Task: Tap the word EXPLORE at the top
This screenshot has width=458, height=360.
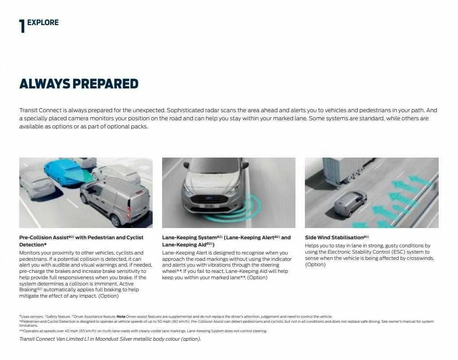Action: [43, 22]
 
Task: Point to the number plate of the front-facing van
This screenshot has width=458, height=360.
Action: [210, 206]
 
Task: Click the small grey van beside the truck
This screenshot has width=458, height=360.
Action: [350, 203]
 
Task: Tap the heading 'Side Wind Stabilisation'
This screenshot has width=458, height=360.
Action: [334, 237]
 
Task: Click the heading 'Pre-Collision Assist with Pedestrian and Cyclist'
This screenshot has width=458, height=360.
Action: [81, 237]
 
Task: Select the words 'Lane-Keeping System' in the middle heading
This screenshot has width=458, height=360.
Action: [188, 237]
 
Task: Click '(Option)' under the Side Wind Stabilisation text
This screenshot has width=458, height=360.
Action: [315, 265]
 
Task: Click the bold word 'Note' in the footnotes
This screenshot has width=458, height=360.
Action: [121, 316]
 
